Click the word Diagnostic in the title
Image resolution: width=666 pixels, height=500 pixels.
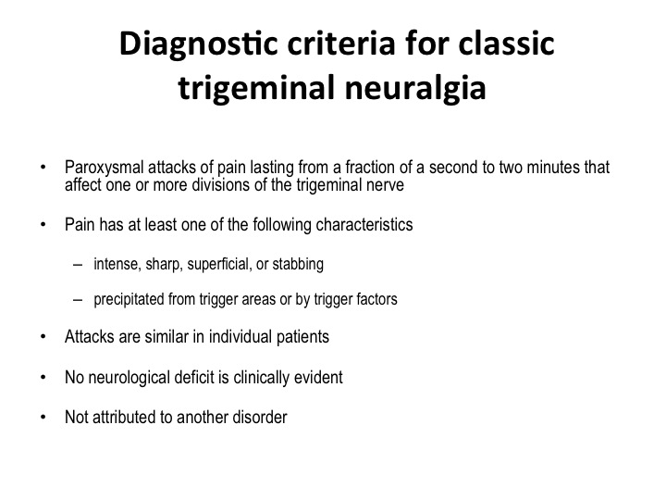pos(198,45)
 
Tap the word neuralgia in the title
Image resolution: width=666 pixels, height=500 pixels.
pos(415,88)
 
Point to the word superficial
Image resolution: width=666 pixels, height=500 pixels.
pos(219,265)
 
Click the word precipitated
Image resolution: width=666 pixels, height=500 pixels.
pos(129,299)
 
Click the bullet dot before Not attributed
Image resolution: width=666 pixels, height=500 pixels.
pos(43,417)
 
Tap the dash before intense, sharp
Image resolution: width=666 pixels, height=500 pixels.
pos(78,265)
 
